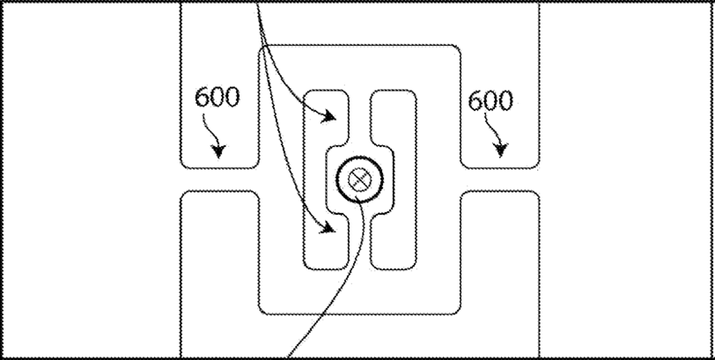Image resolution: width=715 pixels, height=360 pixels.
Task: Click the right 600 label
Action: tap(490, 100)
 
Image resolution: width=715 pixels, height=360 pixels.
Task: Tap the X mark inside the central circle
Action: tap(358, 180)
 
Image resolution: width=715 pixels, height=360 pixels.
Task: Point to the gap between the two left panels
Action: tap(219, 180)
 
